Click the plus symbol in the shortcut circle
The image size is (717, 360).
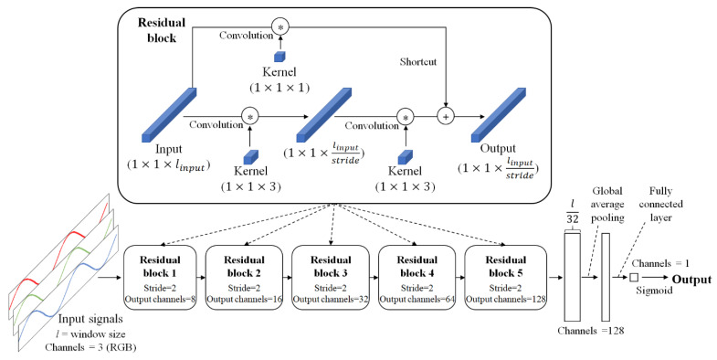click(446, 117)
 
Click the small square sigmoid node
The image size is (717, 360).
click(632, 278)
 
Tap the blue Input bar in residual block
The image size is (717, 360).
click(171, 115)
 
